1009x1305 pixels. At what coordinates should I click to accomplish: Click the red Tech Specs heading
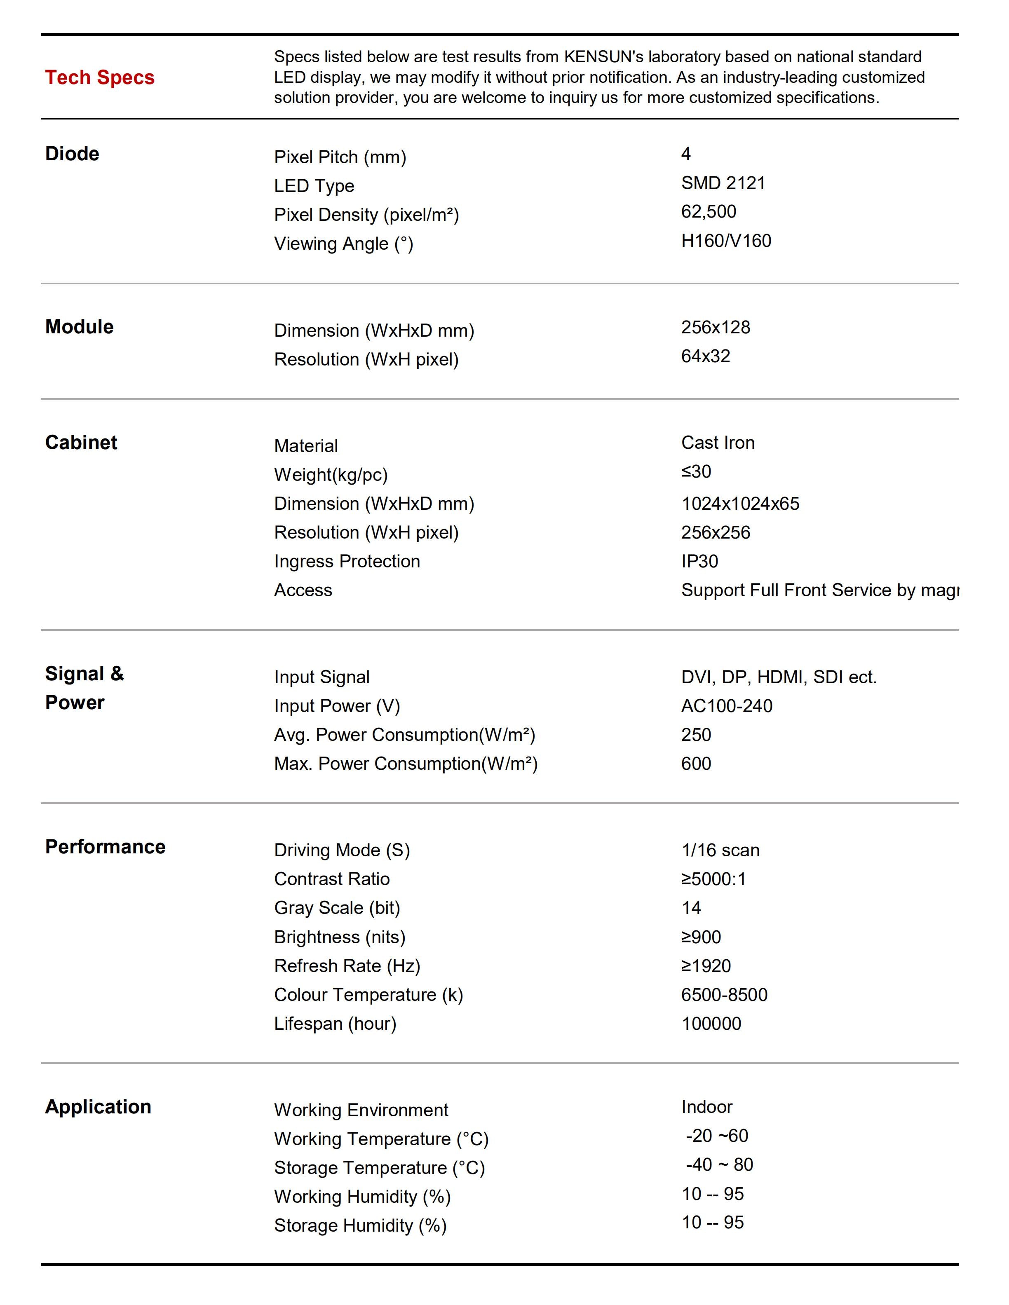(x=100, y=78)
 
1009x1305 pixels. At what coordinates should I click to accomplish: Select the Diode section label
(x=72, y=154)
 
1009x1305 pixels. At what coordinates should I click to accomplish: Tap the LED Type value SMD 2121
(x=723, y=183)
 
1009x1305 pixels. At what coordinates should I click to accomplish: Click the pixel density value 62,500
(x=709, y=211)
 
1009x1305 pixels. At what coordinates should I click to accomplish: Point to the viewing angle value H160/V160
(x=726, y=241)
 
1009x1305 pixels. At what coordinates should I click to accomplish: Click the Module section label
(x=80, y=327)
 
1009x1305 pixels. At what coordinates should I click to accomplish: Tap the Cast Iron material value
(x=717, y=443)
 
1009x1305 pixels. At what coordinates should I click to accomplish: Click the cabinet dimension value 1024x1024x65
(x=740, y=504)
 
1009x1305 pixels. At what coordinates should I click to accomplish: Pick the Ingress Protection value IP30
(x=699, y=561)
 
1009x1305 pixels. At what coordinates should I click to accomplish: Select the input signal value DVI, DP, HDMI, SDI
(x=778, y=677)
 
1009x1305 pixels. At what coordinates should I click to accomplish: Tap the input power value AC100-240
(x=726, y=706)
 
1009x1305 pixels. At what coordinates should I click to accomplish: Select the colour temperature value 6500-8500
(x=724, y=995)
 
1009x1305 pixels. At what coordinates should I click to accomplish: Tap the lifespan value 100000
(x=711, y=1024)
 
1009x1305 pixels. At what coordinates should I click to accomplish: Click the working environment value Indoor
(x=706, y=1107)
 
